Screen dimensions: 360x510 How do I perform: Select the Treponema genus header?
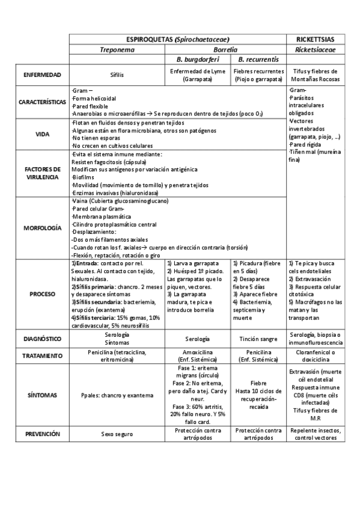click(x=117, y=49)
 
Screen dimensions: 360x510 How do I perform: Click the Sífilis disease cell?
click(x=117, y=76)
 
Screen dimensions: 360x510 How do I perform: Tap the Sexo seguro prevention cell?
click(x=117, y=434)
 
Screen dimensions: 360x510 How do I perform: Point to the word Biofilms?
click(x=82, y=177)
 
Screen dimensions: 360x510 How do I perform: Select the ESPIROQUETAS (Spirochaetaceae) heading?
click(x=177, y=38)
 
